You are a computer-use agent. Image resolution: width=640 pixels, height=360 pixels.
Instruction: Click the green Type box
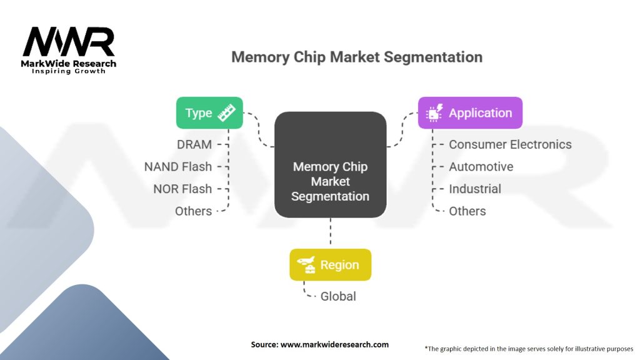[209, 112]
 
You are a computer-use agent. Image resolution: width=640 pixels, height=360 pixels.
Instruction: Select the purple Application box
[470, 112]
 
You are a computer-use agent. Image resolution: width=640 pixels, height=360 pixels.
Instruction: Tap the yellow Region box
[330, 264]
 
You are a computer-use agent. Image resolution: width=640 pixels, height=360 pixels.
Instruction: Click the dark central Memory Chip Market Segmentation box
[330, 164]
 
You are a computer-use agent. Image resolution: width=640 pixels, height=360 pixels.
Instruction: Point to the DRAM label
[194, 144]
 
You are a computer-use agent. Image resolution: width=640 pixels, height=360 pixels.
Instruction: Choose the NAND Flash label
[178, 166]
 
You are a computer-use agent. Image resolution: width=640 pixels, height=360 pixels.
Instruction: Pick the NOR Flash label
[182, 189]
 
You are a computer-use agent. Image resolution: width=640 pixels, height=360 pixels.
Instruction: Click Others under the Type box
[194, 211]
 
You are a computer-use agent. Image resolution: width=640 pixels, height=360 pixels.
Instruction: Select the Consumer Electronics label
[510, 144]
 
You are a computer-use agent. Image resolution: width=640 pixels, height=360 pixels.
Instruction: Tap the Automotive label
[481, 166]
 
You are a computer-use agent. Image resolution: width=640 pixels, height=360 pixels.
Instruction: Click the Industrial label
[475, 189]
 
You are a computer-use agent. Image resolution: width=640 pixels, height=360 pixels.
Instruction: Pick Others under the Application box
[467, 211]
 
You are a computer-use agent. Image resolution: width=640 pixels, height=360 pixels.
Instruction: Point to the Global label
[338, 296]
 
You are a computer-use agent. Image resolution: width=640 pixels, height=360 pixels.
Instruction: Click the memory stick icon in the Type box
[226, 112]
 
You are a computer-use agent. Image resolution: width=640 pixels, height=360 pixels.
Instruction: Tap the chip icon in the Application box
[434, 112]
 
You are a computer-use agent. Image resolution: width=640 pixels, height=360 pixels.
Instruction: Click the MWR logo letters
[69, 42]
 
